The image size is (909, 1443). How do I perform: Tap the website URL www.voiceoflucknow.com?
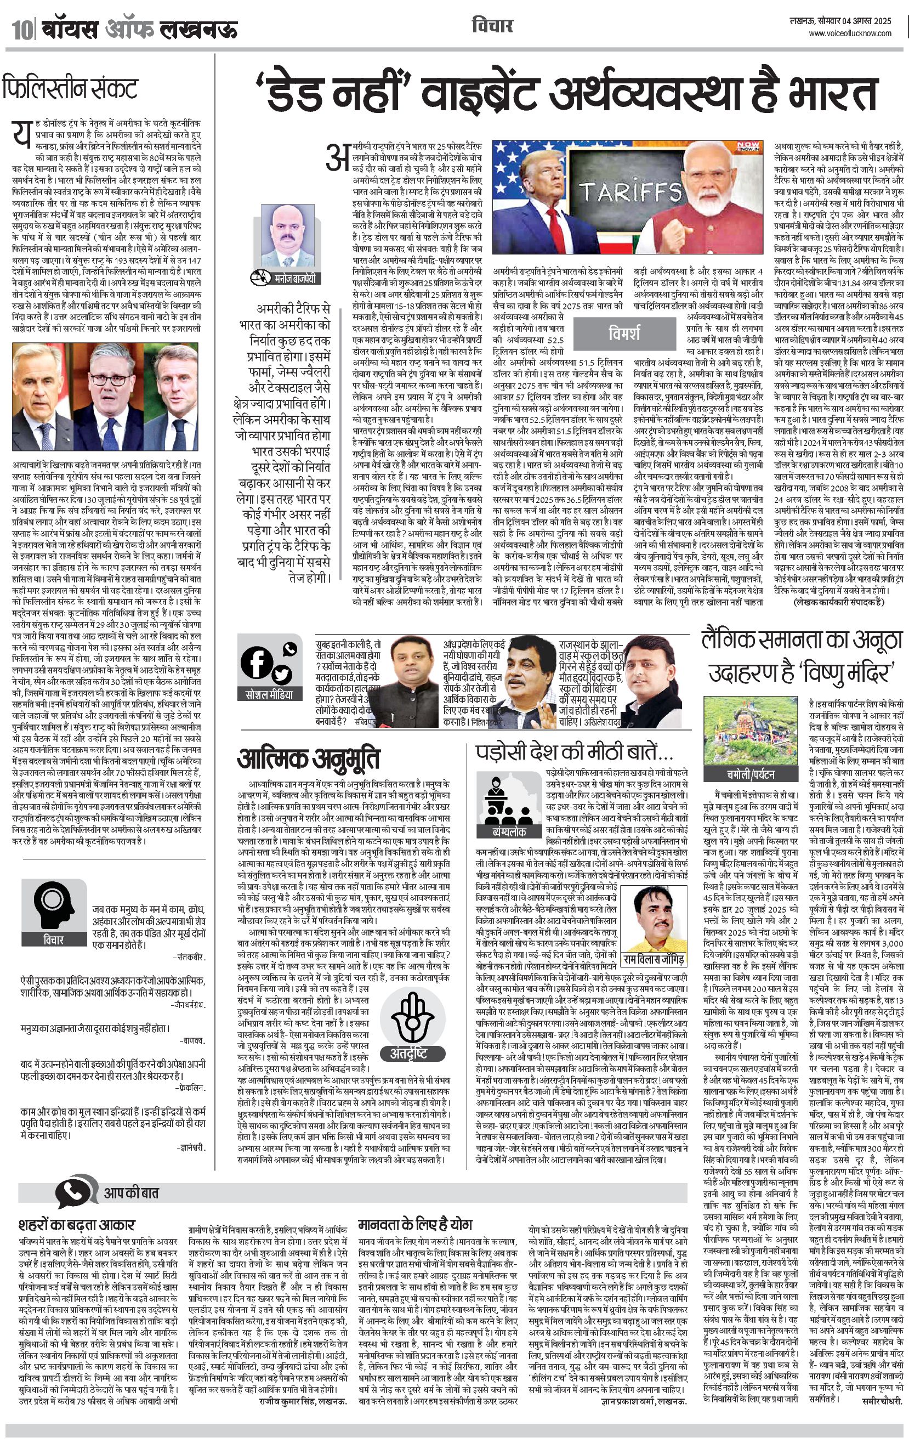[850, 33]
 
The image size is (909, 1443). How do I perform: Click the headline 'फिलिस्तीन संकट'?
[70, 88]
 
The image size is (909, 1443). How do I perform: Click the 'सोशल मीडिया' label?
[270, 694]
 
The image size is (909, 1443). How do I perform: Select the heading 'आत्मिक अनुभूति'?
[309, 759]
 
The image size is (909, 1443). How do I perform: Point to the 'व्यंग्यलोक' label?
[509, 832]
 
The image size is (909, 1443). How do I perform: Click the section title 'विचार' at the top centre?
[492, 26]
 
